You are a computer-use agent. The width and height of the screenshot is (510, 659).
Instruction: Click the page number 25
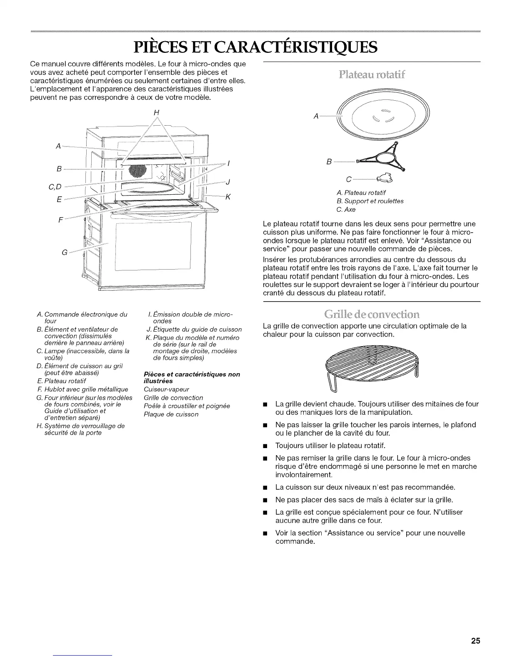tap(476, 629)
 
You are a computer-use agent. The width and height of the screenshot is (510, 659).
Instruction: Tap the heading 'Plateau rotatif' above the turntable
tap(372, 75)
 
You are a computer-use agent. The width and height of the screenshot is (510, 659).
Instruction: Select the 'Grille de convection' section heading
tap(372, 313)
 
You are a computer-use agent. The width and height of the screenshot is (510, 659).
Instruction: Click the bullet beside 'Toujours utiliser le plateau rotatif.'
tap(265, 446)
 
